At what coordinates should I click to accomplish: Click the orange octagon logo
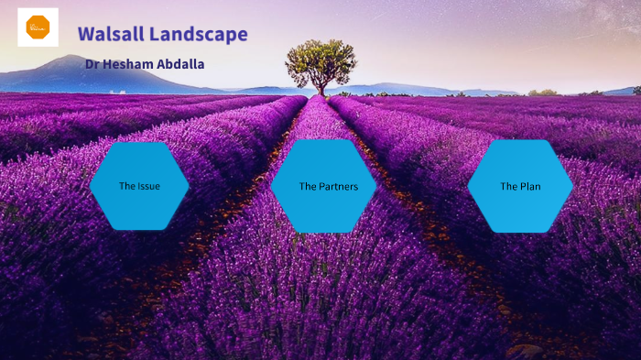pos(38,27)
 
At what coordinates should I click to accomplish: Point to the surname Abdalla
pos(181,64)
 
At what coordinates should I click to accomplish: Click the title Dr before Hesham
pos(92,64)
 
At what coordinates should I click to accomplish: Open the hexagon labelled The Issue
pos(139,186)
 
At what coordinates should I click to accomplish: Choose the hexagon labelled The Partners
pos(323,186)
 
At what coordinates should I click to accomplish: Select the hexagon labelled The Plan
pos(520,186)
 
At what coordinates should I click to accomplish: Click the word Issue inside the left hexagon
pos(148,186)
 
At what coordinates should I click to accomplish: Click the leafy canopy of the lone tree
pos(320,59)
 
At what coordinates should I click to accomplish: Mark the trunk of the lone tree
pos(321,88)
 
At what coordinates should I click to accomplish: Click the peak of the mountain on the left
pos(71,57)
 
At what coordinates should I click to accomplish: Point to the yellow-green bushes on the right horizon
pos(544,92)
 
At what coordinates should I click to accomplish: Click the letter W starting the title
pos(85,35)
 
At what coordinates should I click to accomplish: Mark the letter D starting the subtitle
pos(89,64)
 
